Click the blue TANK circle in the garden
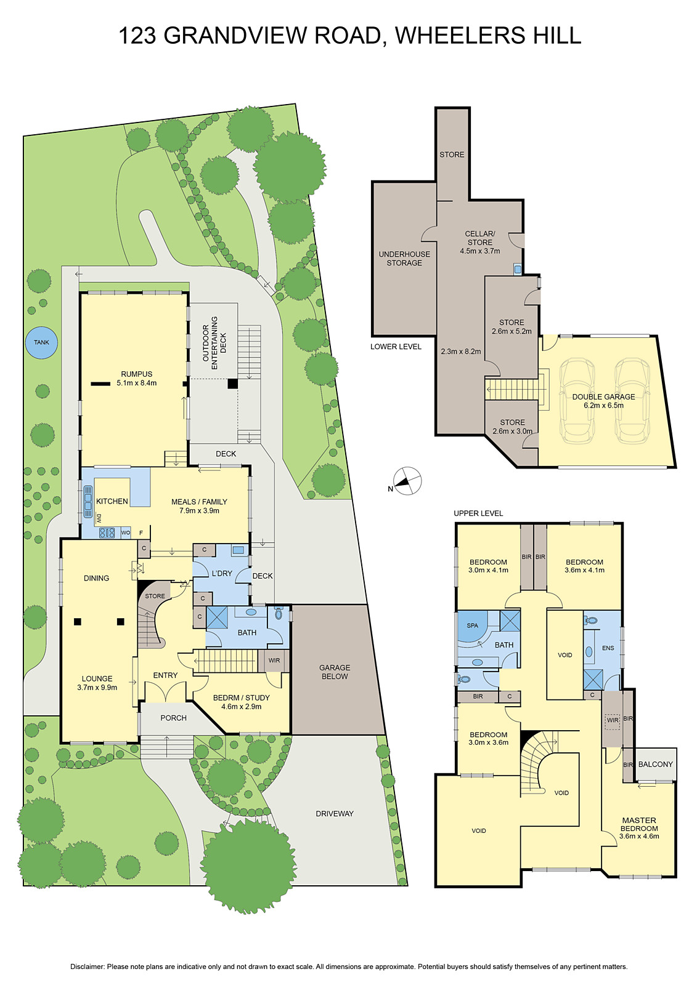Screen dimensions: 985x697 (x=41, y=342)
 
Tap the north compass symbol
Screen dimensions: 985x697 (x=407, y=481)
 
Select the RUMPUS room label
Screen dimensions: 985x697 (x=137, y=374)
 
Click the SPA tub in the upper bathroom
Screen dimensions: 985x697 (x=473, y=626)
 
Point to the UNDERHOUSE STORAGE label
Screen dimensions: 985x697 (x=404, y=259)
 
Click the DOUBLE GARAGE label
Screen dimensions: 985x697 (x=603, y=397)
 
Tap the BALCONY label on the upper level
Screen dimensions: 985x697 (x=655, y=764)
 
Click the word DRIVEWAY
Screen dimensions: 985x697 (x=335, y=813)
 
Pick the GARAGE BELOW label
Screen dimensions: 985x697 (x=335, y=672)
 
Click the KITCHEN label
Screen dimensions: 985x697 (x=112, y=501)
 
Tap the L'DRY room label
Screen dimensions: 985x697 (x=222, y=573)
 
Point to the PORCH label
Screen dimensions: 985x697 (x=173, y=718)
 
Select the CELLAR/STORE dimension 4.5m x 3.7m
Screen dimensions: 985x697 (x=480, y=251)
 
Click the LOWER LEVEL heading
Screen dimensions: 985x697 (x=396, y=347)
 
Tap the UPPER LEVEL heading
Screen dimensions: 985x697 (x=478, y=513)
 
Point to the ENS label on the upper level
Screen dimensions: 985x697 (x=608, y=648)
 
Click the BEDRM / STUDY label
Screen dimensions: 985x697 (x=242, y=698)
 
